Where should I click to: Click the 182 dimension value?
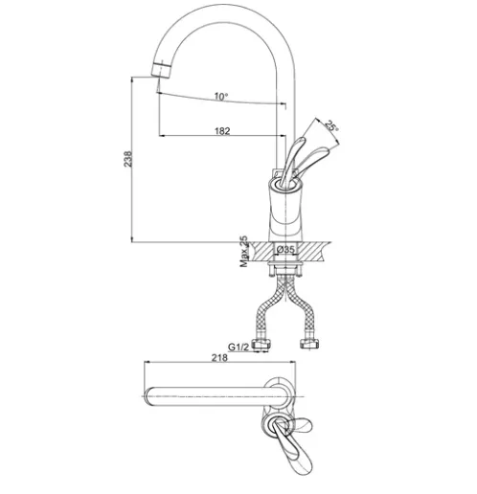click(222, 131)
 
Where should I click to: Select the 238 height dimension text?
click(127, 159)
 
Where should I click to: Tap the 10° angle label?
click(221, 96)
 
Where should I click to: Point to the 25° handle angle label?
click(331, 126)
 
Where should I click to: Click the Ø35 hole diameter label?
click(285, 249)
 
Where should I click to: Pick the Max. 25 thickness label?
click(244, 251)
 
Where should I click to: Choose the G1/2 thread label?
click(238, 347)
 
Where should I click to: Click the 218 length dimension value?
click(219, 358)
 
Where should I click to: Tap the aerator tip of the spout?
click(161, 71)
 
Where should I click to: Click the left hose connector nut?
click(261, 344)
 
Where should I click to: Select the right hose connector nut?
click(309, 344)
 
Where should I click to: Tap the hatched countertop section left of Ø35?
click(261, 252)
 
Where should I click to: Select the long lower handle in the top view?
click(293, 450)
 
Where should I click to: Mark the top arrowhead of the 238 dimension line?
click(132, 79)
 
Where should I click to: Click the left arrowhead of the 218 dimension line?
click(148, 362)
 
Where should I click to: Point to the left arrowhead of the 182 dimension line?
click(162, 136)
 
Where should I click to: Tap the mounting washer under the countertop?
click(284, 264)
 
